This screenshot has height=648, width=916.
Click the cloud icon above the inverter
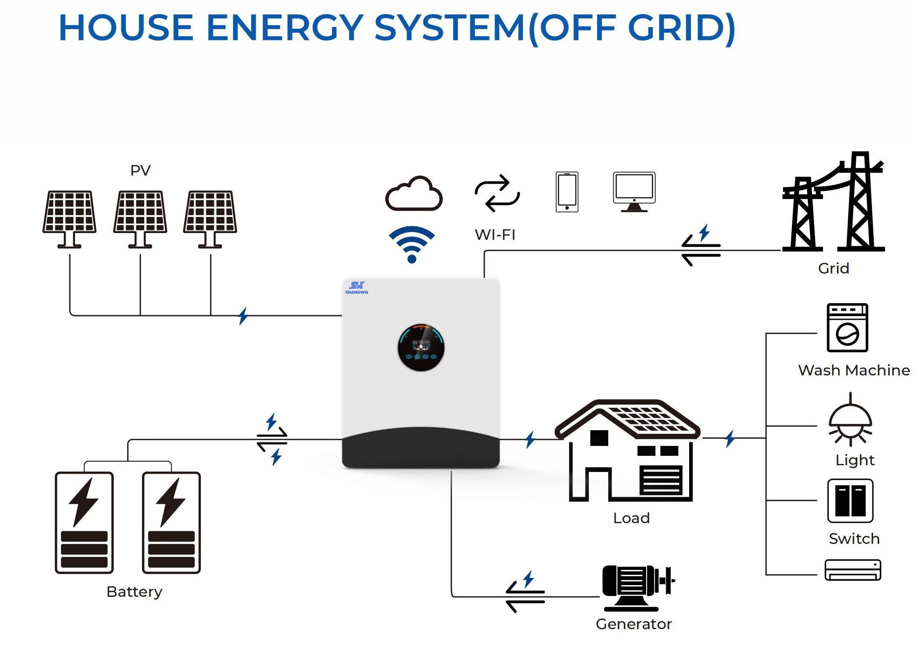tap(414, 194)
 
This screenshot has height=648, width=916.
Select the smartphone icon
tap(567, 192)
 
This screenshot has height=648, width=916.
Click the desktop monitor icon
tap(634, 191)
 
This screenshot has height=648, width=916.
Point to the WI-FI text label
tap(495, 234)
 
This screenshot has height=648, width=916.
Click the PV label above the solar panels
tap(140, 170)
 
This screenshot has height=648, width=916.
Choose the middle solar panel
tap(140, 218)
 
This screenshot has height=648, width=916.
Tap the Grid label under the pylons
tap(833, 268)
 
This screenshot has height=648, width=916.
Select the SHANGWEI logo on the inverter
tap(357, 287)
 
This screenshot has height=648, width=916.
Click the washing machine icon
tap(847, 328)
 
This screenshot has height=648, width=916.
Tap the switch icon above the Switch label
tap(850, 501)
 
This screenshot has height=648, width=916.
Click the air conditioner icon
tap(853, 570)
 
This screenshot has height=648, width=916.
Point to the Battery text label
tap(134, 591)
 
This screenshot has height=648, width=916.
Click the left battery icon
tap(84, 522)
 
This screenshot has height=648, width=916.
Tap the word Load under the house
tap(631, 518)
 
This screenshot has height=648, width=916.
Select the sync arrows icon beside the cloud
tap(497, 193)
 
